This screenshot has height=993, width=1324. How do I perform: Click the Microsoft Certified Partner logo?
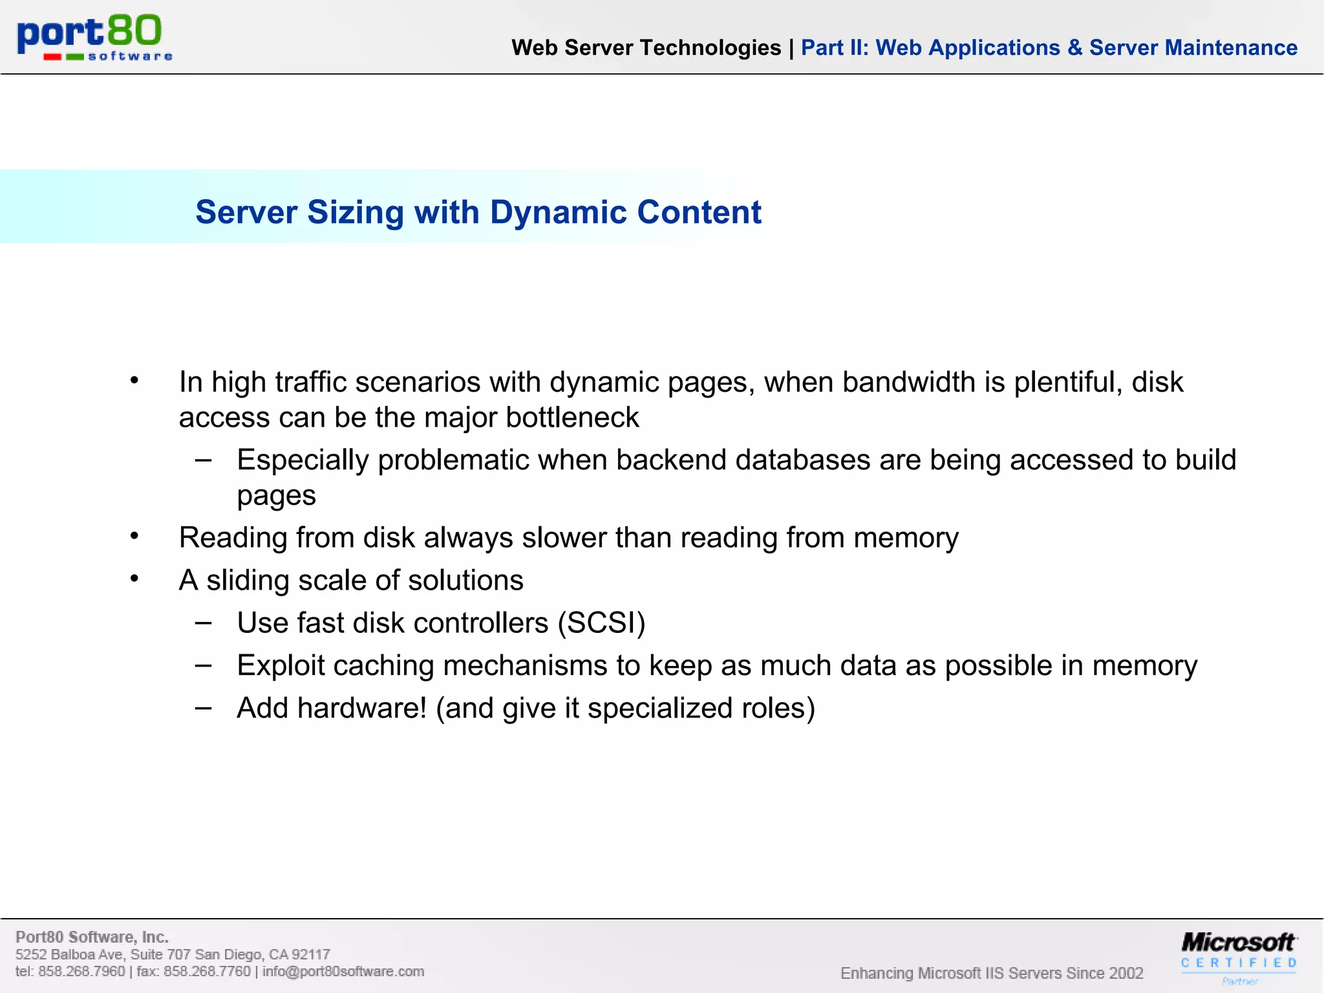click(x=1239, y=956)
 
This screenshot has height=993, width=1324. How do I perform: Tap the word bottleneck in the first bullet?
click(x=572, y=418)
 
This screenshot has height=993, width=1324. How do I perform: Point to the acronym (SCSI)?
click(x=601, y=623)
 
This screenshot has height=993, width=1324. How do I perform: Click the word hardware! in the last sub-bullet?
click(x=362, y=708)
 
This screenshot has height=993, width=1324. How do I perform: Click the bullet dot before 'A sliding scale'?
click(x=134, y=578)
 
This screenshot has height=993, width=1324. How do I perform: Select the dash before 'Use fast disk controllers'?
click(x=203, y=623)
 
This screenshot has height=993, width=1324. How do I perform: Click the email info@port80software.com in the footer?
click(x=343, y=972)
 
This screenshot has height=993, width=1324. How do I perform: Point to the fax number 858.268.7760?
click(x=207, y=972)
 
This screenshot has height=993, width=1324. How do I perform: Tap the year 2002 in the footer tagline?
click(x=1126, y=973)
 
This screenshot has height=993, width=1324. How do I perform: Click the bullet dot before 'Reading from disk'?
click(x=134, y=535)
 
